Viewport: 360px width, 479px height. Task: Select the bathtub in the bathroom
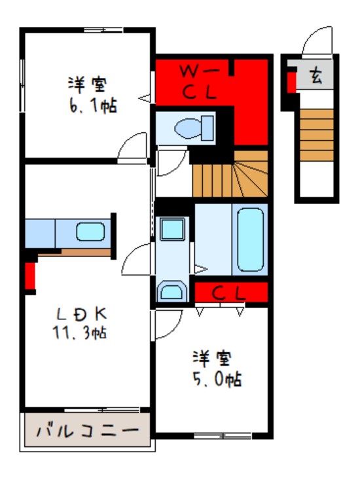click(x=251, y=239)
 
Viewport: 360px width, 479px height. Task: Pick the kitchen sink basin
click(x=90, y=232)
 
